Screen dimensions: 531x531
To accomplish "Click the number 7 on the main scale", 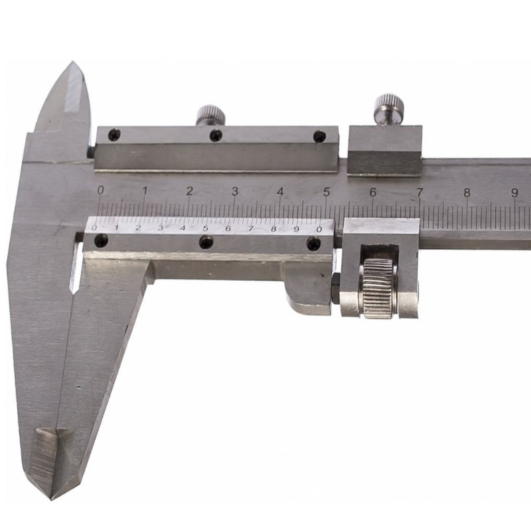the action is tap(419, 192).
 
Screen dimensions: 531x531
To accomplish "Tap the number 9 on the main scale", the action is tap(515, 192).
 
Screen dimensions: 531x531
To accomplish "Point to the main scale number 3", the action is tap(235, 191).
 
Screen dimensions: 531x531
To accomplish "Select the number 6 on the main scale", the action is tap(373, 192).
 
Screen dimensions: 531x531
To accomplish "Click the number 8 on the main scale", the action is tap(467, 192).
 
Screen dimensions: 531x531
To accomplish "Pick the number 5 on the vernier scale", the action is tap(206, 228).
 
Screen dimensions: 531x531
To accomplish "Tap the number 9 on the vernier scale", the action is tap(296, 229).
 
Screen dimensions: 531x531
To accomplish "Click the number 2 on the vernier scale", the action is tap(138, 227).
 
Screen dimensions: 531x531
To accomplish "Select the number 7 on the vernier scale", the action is tap(251, 228).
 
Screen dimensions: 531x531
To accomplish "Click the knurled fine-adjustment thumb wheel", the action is tap(380, 288).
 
